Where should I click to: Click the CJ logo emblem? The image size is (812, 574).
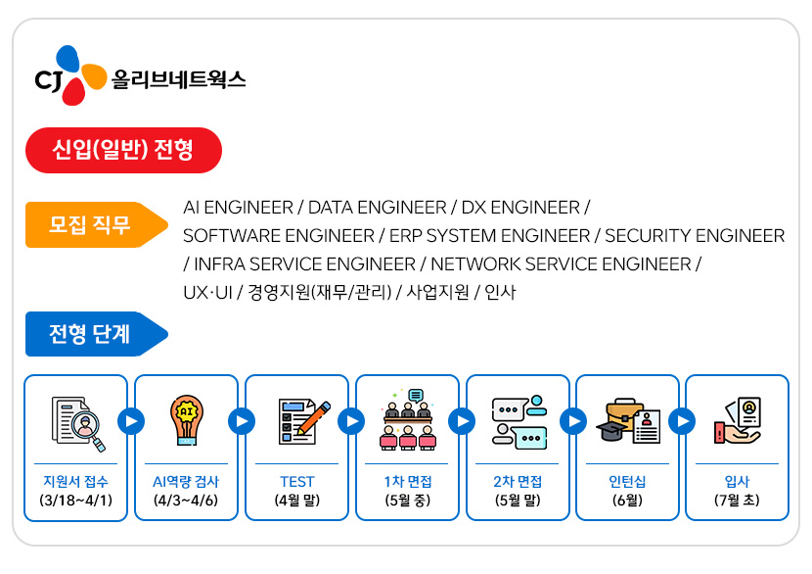click(x=68, y=75)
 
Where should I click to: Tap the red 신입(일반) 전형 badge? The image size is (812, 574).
click(x=123, y=150)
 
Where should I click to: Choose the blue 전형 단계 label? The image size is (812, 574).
click(x=91, y=334)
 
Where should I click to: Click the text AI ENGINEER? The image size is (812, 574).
click(x=238, y=208)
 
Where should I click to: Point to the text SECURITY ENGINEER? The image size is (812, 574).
click(x=695, y=236)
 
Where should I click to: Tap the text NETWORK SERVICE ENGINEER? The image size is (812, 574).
click(x=561, y=264)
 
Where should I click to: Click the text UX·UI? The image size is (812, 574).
click(x=205, y=293)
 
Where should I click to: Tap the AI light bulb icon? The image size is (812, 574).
click(x=186, y=419)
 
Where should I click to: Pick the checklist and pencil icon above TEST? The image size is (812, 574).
click(x=297, y=420)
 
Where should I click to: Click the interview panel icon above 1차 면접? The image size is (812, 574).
click(x=407, y=420)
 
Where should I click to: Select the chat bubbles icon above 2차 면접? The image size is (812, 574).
click(x=518, y=421)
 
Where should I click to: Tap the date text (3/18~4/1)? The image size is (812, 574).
click(x=76, y=501)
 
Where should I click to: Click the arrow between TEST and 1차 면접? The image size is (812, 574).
click(x=351, y=421)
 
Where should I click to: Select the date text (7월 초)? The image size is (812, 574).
click(x=737, y=501)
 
